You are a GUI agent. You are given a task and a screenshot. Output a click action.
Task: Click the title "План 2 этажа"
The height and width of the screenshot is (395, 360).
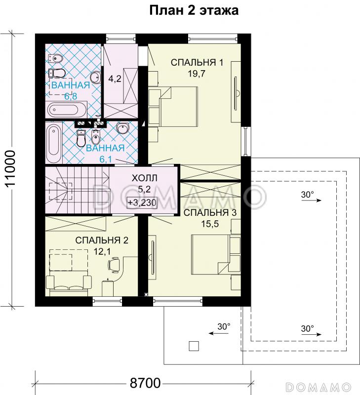point(194,10)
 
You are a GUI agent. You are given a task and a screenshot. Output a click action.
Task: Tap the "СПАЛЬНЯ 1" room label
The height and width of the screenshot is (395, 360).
point(197,63)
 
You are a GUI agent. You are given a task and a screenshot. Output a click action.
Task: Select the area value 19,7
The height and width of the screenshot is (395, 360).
point(197,74)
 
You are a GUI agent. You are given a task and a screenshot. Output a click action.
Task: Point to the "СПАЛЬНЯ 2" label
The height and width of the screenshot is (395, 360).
point(102,240)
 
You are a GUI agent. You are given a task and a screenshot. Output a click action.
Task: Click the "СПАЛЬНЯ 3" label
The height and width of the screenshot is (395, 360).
point(210,213)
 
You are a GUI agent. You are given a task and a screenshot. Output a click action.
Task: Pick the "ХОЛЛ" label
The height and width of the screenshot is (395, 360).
point(145,178)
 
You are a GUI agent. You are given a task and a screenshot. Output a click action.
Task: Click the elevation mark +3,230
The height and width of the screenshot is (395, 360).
point(142,202)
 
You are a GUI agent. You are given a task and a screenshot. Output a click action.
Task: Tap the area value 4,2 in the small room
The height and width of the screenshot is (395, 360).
point(115,79)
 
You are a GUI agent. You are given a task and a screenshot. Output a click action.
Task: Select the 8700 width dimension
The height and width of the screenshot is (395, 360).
point(145,383)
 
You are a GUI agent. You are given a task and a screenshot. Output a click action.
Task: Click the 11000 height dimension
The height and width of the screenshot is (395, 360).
point(10,168)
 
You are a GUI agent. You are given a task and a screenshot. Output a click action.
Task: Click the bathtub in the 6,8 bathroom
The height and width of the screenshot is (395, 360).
point(66,110)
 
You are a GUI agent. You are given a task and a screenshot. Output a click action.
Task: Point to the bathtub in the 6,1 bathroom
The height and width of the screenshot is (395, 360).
point(54,143)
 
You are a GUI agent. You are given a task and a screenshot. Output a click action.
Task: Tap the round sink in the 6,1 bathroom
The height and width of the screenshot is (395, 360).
point(123,128)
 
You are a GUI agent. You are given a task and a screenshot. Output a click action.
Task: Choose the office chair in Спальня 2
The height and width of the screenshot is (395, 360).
point(114,265)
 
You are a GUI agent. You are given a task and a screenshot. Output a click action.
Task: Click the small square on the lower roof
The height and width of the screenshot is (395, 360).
point(194,346)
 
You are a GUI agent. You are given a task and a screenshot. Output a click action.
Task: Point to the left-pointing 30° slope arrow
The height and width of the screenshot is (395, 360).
point(219,333)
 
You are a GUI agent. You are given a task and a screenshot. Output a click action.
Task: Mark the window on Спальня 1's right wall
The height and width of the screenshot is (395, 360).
point(246,141)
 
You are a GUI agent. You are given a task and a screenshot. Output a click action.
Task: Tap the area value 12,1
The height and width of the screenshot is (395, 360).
point(102,251)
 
